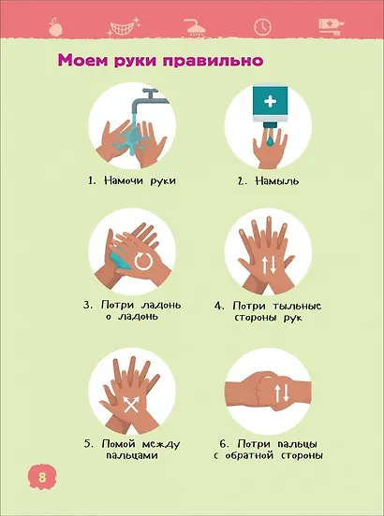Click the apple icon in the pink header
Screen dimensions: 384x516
55,27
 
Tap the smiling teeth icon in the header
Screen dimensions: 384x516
124,27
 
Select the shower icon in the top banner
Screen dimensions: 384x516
196,27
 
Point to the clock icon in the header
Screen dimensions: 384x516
262,27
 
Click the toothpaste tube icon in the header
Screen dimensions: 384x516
331,26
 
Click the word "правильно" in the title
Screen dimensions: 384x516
213,61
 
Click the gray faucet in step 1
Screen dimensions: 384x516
149,100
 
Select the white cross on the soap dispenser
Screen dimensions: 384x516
271,101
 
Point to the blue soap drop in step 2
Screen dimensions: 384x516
270,141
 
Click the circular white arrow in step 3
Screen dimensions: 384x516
143,262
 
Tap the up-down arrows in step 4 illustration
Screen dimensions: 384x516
268,265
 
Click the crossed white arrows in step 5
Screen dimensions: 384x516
131,404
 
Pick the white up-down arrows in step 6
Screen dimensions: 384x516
282,393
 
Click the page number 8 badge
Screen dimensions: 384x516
42,477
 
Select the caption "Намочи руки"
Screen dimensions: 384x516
132,180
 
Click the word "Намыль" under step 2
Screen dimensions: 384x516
277,181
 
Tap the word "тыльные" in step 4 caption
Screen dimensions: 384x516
297,306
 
